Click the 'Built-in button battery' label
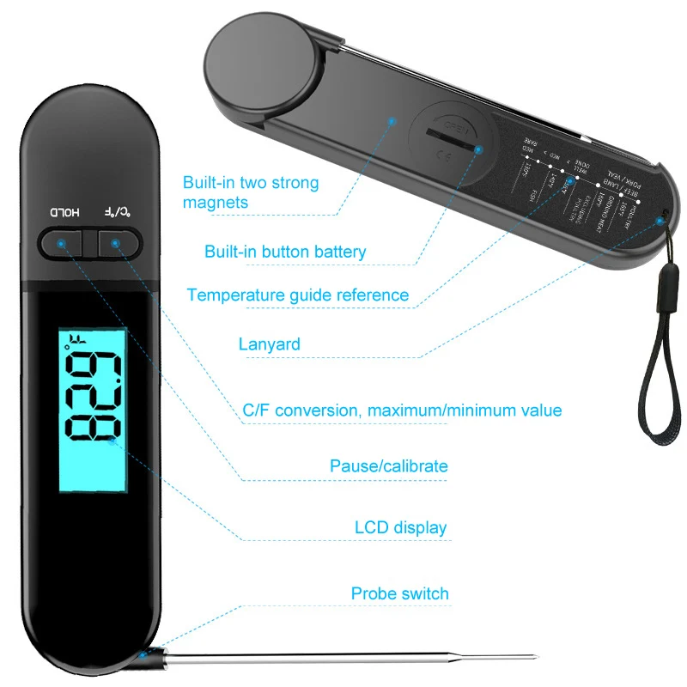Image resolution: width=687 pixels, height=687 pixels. point(285,252)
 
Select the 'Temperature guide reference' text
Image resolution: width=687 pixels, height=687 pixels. point(297,295)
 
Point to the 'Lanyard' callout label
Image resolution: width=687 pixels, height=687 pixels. point(269,344)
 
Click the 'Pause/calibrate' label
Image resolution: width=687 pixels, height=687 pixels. point(388,466)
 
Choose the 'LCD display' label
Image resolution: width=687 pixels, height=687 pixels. point(400,526)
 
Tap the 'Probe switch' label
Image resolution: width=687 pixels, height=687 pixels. point(399,593)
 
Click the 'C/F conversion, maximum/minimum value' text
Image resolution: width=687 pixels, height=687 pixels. point(402,410)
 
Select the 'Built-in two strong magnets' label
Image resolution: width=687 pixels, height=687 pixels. point(250,192)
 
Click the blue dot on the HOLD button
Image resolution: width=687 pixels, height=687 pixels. point(61,244)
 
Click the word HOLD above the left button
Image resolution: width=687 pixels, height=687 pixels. point(63,211)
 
